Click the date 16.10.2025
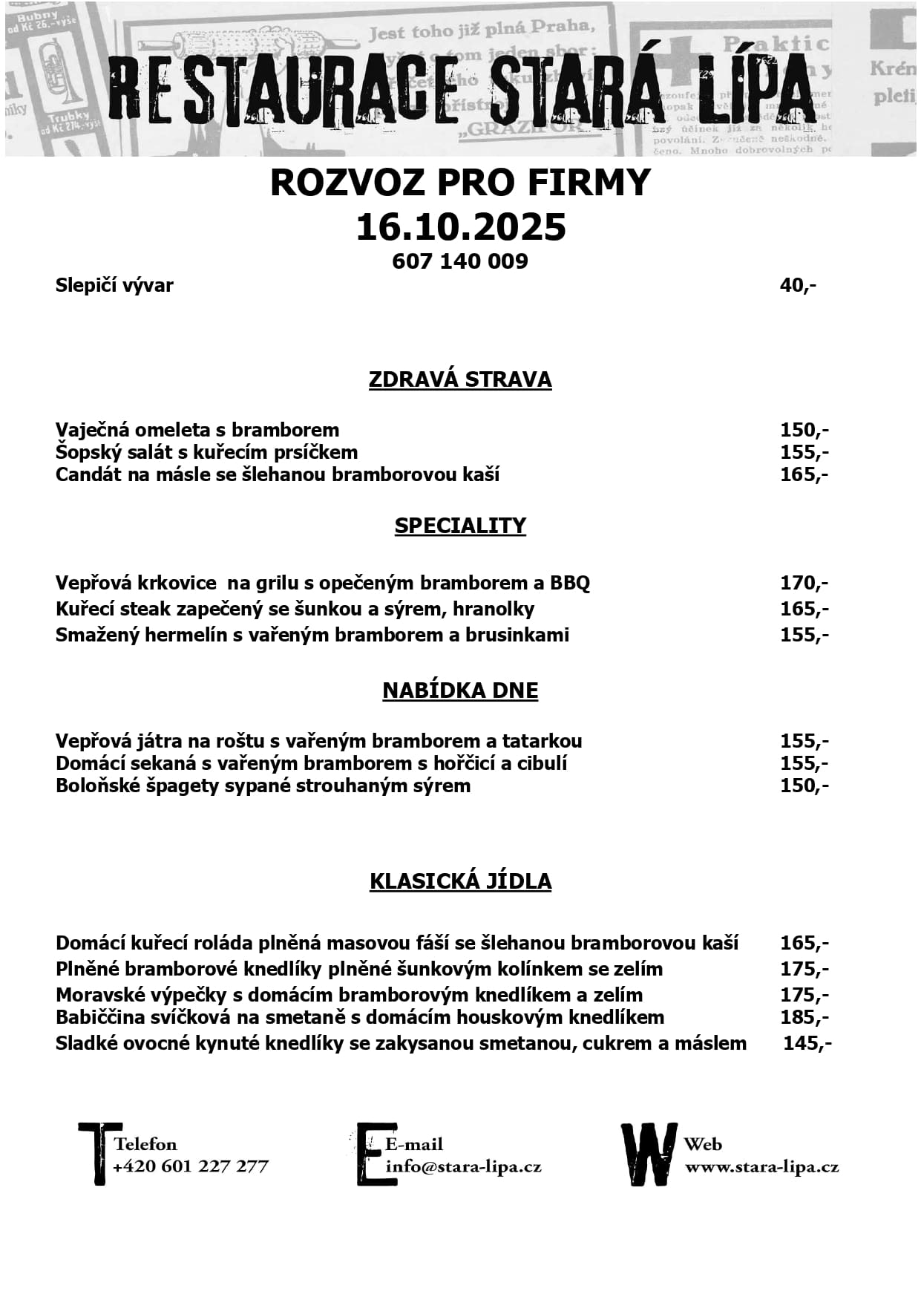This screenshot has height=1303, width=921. (460, 227)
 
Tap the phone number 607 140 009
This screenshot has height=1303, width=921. (460, 261)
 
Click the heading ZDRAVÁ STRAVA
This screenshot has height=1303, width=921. (460, 379)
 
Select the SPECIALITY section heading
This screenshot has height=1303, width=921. (460, 526)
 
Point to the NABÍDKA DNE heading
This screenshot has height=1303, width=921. (460, 690)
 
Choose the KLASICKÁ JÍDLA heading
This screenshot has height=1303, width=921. (460, 881)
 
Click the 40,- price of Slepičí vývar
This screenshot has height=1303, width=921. (798, 285)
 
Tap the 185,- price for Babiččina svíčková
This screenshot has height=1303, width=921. (804, 1017)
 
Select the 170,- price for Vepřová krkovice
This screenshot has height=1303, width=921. (804, 583)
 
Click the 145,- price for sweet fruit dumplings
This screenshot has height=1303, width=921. (807, 1043)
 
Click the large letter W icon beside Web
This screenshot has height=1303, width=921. (649, 1155)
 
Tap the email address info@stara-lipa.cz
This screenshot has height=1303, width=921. (464, 1166)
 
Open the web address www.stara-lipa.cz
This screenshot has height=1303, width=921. (761, 1166)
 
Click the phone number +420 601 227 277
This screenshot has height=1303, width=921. (191, 1166)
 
